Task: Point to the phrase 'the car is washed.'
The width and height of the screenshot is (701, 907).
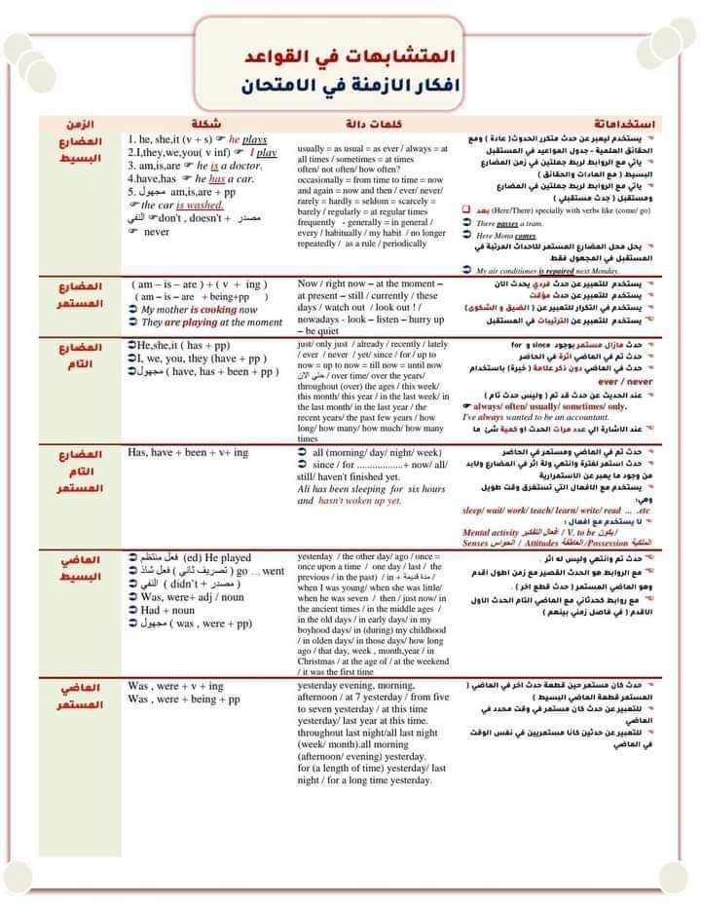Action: pyautogui.click(x=186, y=206)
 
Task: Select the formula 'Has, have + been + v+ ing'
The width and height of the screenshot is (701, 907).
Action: pyautogui.click(x=188, y=453)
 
